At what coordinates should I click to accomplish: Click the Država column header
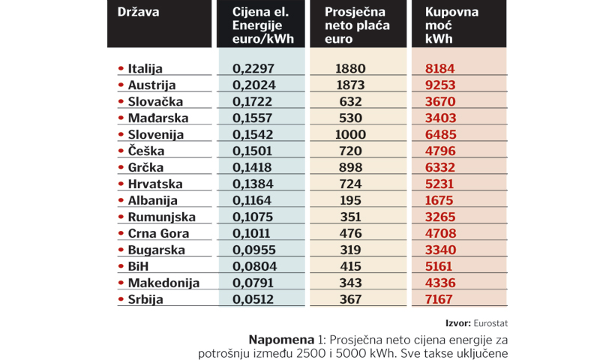point(139,12)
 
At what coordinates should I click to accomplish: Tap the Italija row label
point(145,68)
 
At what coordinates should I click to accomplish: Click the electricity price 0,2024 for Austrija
point(254,85)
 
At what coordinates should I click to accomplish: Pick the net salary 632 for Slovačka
point(351,101)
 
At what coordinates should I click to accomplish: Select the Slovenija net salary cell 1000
point(351,134)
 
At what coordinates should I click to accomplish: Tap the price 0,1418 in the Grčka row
point(254,167)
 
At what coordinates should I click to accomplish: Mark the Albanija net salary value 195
point(351,200)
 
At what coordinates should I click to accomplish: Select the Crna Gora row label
point(158,233)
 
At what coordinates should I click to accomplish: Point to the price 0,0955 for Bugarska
point(254,250)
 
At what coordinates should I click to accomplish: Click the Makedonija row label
point(163,283)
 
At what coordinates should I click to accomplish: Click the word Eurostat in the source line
point(490,323)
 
